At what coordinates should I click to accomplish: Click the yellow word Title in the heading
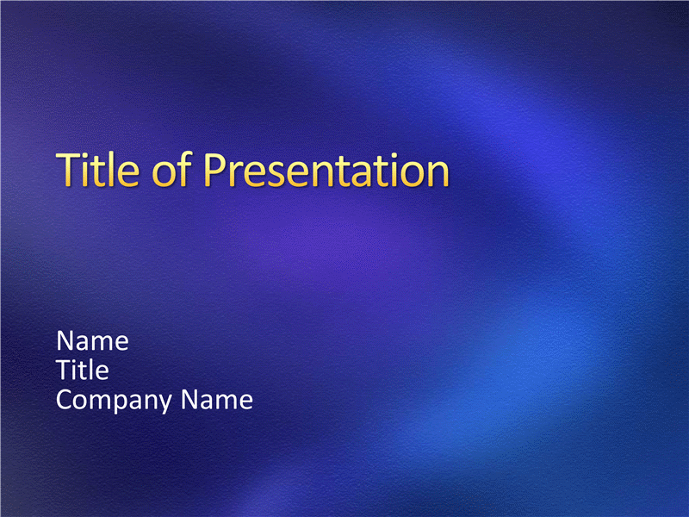click(x=98, y=169)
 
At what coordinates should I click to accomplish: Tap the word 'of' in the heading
click(x=171, y=169)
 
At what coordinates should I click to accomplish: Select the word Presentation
click(x=326, y=171)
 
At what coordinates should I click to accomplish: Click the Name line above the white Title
click(x=92, y=340)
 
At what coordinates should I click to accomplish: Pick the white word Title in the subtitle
click(x=83, y=370)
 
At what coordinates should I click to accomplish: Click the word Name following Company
click(x=217, y=400)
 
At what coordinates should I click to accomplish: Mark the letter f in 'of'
click(x=185, y=169)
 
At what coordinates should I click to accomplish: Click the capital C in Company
click(x=65, y=400)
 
